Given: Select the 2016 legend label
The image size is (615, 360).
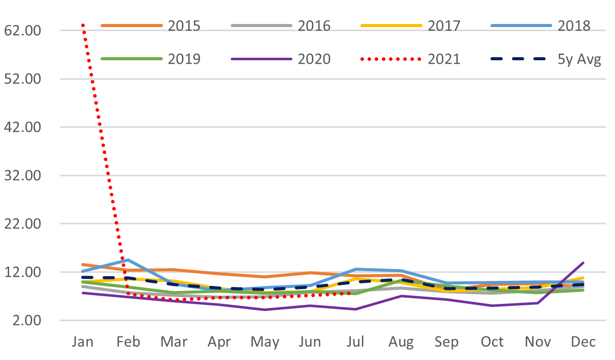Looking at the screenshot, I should tap(313, 26).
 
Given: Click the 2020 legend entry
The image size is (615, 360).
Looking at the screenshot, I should tap(313, 59).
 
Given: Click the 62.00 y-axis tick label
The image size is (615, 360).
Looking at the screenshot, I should tap(22, 31).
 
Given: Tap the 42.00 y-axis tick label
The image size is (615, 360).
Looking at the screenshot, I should tap(22, 127).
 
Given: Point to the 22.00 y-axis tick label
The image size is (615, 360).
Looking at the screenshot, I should tap(22, 224).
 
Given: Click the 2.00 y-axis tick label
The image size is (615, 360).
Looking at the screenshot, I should tap(26, 320).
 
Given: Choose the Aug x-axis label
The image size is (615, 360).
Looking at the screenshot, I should tap(401, 342).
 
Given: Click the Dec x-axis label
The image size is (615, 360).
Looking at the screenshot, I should tap(583, 342).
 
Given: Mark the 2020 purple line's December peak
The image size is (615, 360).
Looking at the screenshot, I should tap(583, 263).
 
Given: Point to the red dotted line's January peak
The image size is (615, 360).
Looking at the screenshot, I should tap(83, 24).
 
